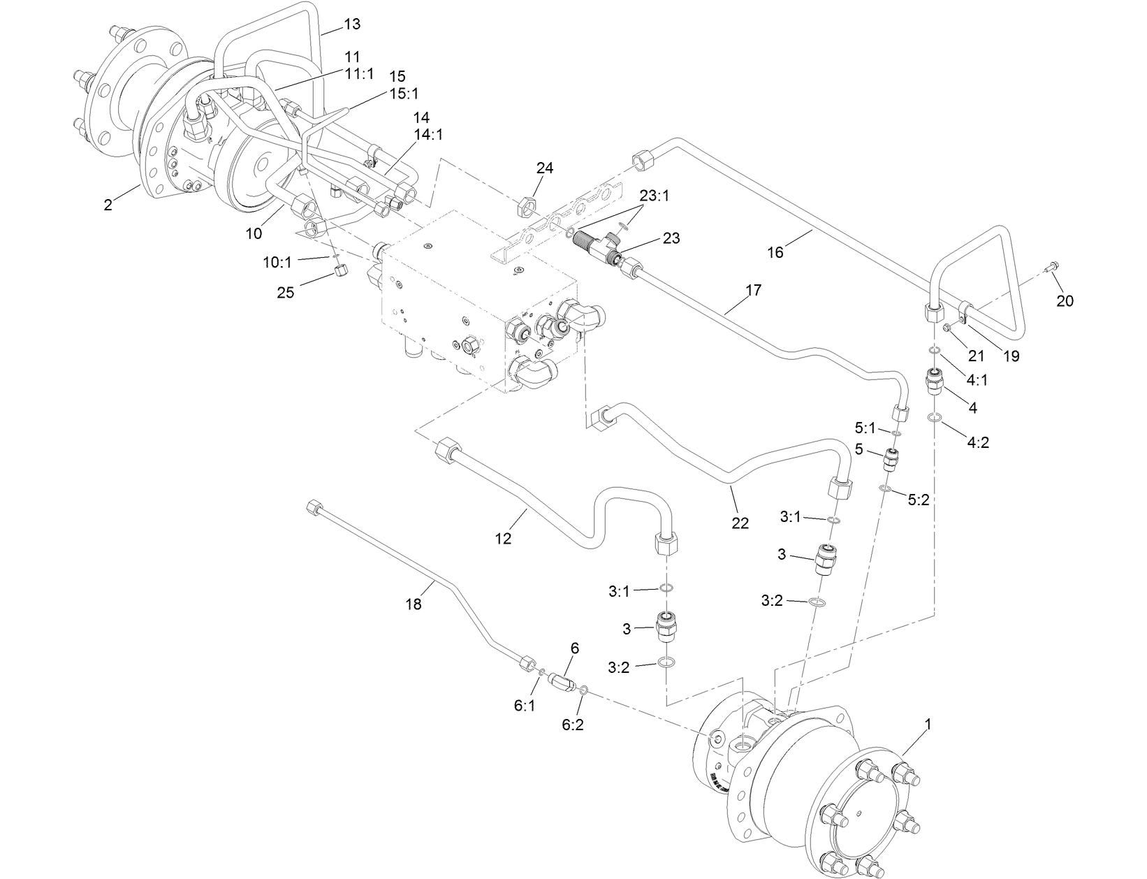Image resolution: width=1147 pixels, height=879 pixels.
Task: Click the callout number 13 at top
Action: (x=352, y=24)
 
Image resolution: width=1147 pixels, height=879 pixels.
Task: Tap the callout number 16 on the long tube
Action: (x=775, y=252)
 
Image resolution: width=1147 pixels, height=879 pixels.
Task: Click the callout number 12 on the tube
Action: (x=503, y=538)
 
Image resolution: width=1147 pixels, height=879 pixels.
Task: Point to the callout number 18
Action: (x=414, y=604)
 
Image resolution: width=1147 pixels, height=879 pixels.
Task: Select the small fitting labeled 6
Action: (x=561, y=681)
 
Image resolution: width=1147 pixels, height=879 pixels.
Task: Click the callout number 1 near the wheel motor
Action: (x=928, y=725)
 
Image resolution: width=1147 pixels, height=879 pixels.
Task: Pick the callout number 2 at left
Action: (x=108, y=205)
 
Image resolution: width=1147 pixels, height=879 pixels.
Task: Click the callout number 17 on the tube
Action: (x=753, y=289)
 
